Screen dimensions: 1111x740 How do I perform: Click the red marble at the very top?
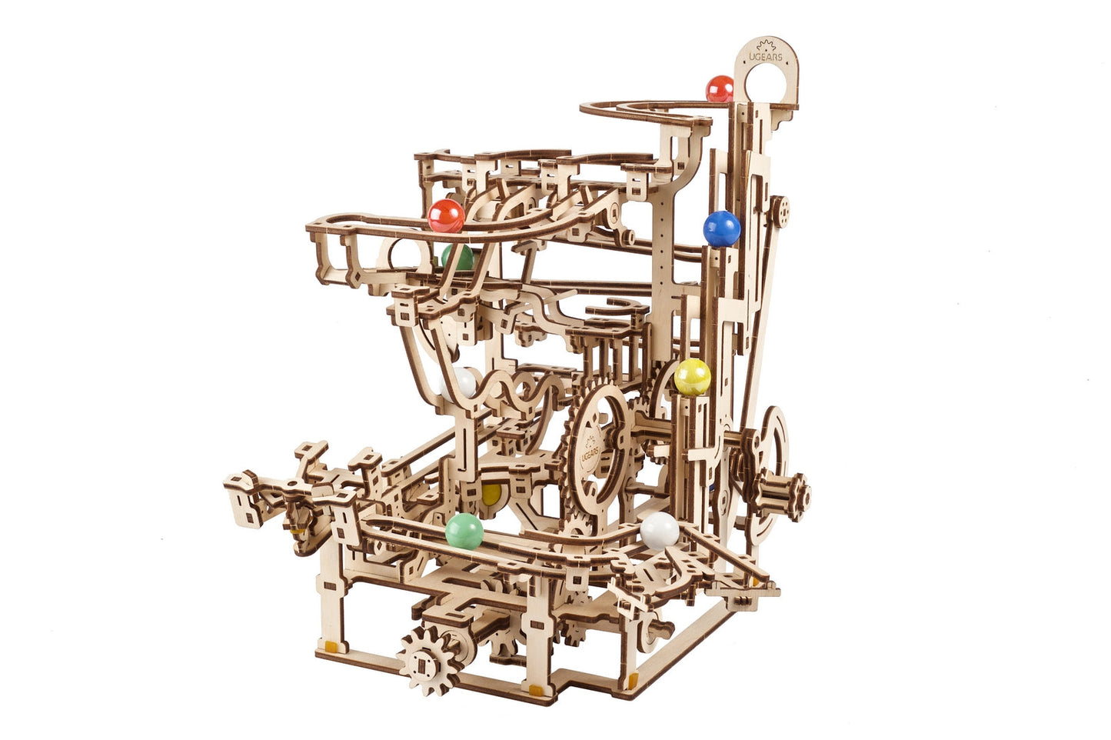click(720, 88)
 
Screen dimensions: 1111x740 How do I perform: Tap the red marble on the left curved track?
click(446, 216)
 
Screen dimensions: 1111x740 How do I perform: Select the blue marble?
click(722, 228)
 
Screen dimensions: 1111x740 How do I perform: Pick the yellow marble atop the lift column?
click(693, 377)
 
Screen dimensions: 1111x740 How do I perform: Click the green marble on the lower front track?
click(464, 532)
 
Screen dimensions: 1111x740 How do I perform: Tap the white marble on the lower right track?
click(660, 531)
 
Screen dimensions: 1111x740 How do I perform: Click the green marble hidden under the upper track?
click(457, 258)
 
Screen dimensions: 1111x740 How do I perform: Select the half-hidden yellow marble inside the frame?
click(491, 493)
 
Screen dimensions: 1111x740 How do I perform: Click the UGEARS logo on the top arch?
click(765, 52)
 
